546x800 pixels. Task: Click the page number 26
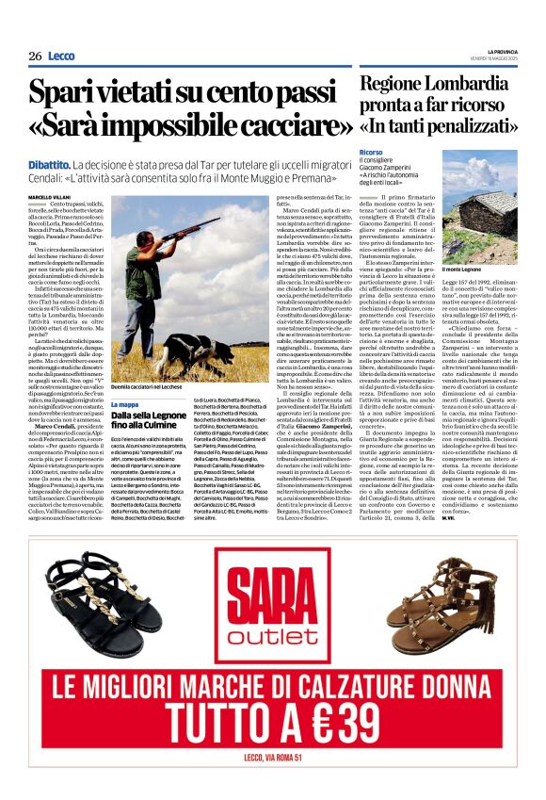coord(34,56)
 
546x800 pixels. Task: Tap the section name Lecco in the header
coord(61,56)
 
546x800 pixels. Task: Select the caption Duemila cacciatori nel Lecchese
coord(148,387)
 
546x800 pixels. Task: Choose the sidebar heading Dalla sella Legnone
coord(147,415)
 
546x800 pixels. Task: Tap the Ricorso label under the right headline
coord(370,152)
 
